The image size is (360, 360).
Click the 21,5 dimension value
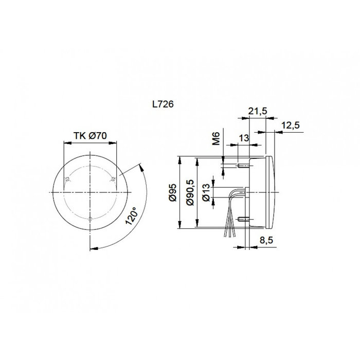[257, 111]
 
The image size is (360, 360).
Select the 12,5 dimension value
[291, 125]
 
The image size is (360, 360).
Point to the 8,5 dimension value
[267, 240]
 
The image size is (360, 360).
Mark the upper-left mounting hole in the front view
[68, 178]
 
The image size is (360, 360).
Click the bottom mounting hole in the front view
[90, 219]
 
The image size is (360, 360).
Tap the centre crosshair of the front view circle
[90, 192]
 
